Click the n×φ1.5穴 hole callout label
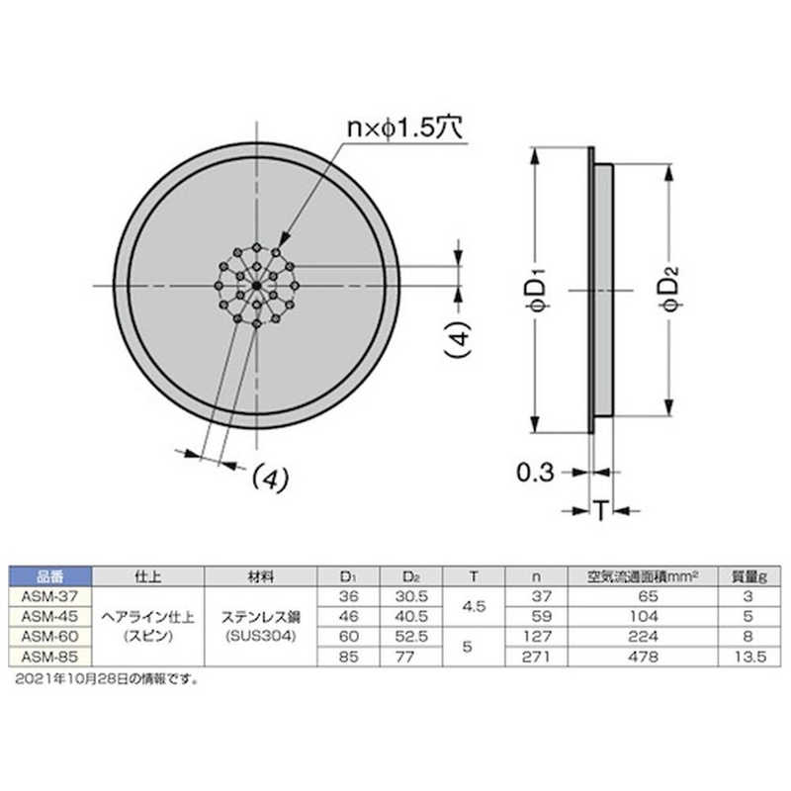405,129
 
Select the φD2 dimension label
670,291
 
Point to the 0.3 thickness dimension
535,473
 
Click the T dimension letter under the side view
600,511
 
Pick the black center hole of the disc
256,286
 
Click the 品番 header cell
50,576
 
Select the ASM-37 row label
50,596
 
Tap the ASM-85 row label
50,657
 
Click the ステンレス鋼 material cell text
261,617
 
